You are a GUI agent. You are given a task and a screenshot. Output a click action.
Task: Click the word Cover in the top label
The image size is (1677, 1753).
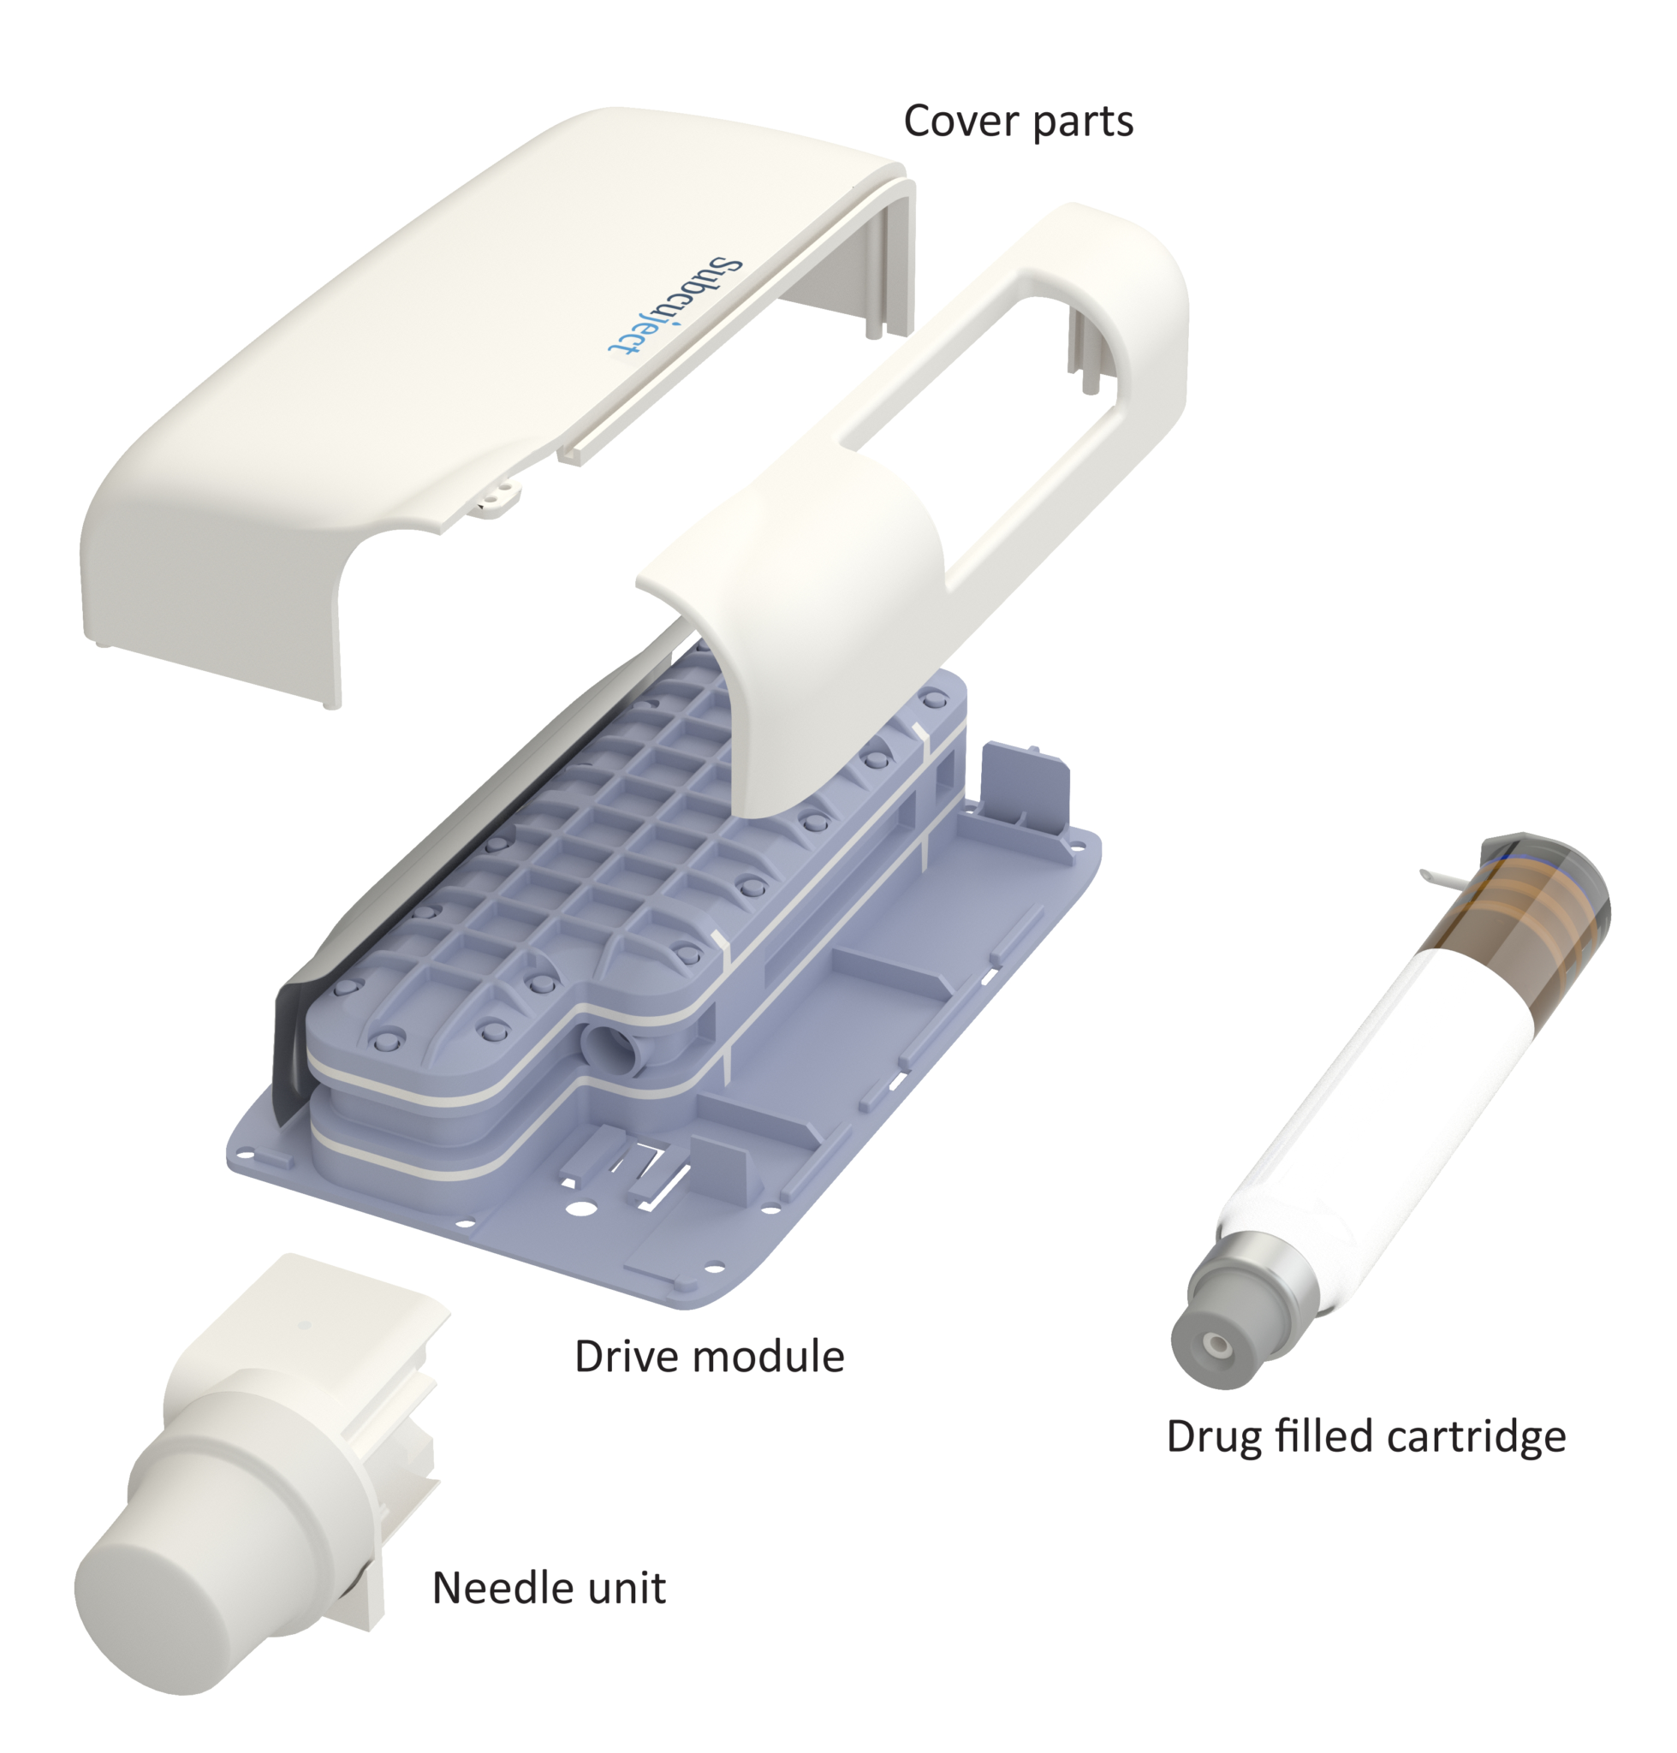point(960,121)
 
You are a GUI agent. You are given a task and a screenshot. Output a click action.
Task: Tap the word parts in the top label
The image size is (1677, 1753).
point(1083,122)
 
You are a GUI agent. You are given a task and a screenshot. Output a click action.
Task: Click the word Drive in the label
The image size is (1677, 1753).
point(621,1357)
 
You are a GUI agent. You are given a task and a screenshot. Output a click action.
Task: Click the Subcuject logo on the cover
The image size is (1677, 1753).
point(675,306)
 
